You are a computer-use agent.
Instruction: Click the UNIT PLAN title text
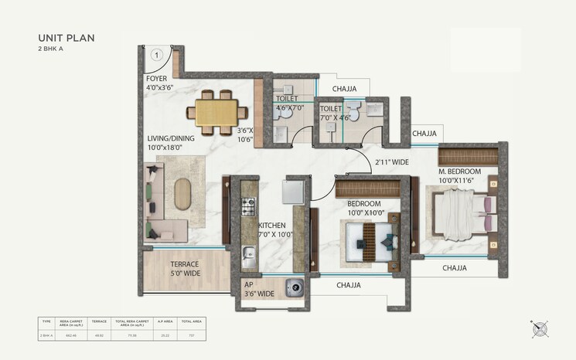66,37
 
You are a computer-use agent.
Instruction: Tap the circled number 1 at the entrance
156,54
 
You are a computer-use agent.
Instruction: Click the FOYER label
157,79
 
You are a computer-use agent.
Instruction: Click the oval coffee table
182,194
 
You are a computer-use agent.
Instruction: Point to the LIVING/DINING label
171,138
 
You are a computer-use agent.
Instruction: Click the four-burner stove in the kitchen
249,206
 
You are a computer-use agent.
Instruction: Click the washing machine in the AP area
294,287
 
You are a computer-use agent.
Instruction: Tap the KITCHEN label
272,226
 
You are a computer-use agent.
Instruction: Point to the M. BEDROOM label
459,171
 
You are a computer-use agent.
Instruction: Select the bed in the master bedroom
461,213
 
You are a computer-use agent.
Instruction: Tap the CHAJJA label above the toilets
339,89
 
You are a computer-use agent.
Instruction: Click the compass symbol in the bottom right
540,328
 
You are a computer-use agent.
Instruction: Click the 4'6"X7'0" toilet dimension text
291,109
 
